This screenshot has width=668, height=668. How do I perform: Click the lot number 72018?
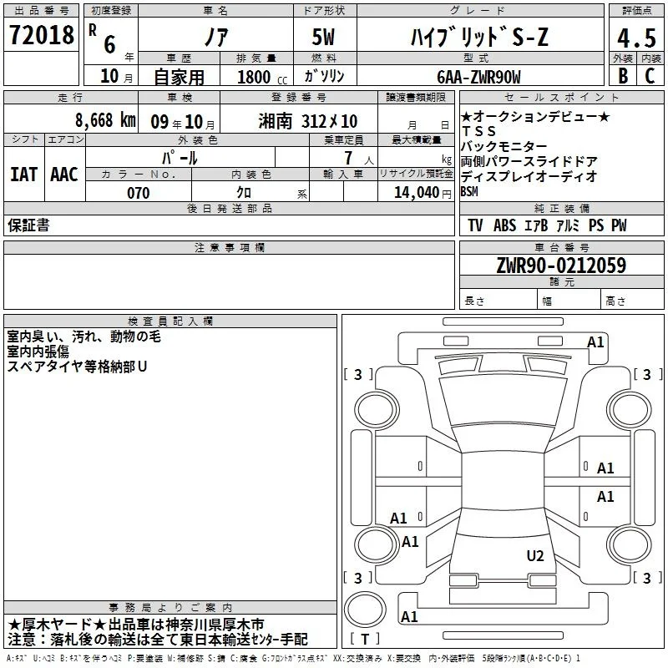(41, 35)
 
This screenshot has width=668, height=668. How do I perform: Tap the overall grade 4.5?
(636, 38)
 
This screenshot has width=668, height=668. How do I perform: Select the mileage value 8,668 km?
(105, 120)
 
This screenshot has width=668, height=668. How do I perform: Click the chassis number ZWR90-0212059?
(561, 265)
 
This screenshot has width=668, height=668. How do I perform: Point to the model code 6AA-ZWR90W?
(478, 77)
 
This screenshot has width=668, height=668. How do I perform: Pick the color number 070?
(138, 193)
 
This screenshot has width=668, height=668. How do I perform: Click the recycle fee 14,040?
(417, 193)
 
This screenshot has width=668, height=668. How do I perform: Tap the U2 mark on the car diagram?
(535, 556)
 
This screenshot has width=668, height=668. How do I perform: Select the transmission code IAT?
(23, 175)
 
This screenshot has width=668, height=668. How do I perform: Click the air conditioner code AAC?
(64, 175)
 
